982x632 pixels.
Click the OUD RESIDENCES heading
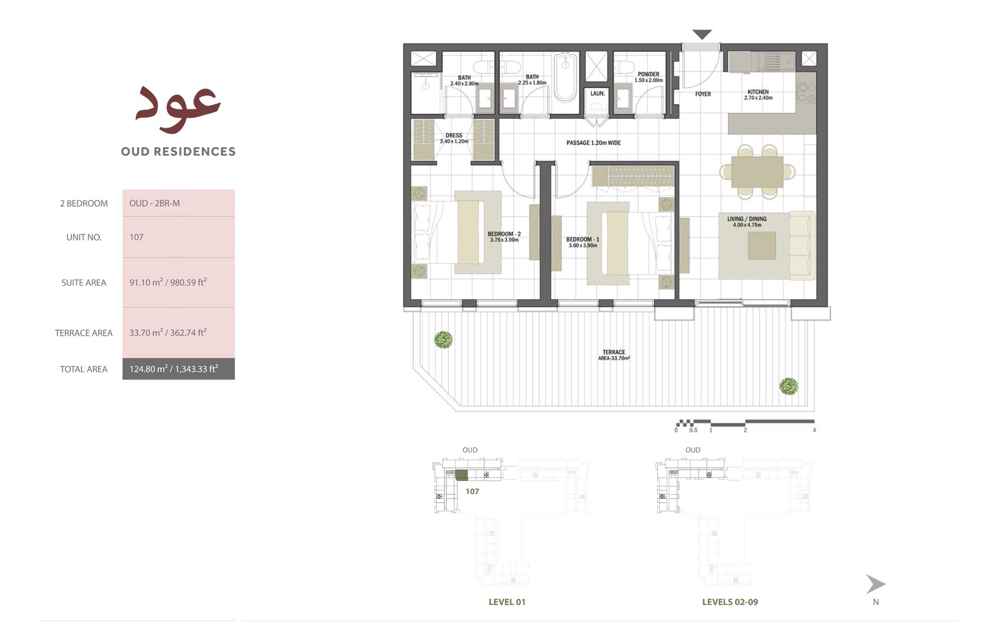[x=178, y=152]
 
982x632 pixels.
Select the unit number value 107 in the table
[x=136, y=237]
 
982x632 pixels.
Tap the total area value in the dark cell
[x=174, y=369]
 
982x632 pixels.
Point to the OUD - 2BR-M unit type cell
[x=155, y=204]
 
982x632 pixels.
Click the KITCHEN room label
[x=758, y=92]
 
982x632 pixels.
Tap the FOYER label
[x=703, y=94]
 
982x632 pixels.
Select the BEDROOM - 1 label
[x=583, y=240]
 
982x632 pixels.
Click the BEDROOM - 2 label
[x=504, y=234]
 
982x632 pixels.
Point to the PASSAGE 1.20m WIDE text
[x=593, y=143]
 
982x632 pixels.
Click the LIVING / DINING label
[x=747, y=219]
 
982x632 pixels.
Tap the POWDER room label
[x=648, y=75]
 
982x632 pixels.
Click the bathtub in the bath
[x=565, y=78]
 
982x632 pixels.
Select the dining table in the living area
[x=757, y=171]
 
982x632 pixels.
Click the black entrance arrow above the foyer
[x=702, y=34]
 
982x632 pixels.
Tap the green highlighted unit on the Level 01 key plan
[x=462, y=475]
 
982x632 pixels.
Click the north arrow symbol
[x=875, y=584]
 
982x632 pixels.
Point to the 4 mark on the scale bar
[x=814, y=430]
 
